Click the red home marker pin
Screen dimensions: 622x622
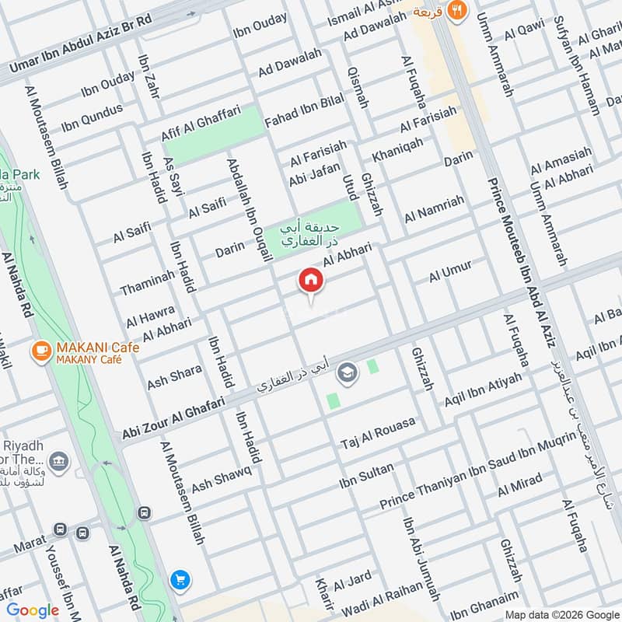(309, 281)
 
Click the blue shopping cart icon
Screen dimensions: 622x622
(180, 579)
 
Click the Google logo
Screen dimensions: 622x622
(33, 610)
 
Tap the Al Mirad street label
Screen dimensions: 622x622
(520, 487)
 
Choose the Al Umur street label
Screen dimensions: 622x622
(450, 272)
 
